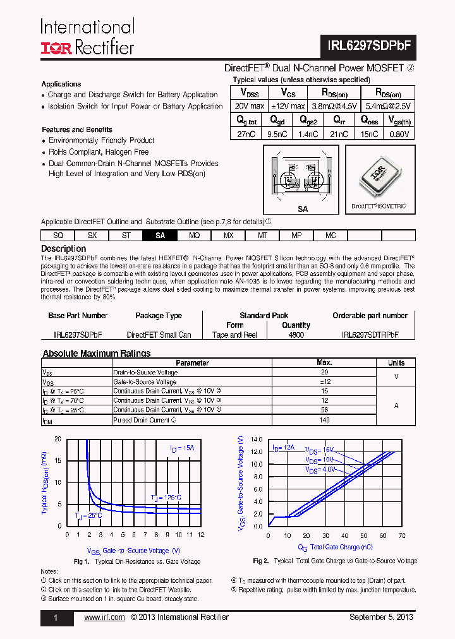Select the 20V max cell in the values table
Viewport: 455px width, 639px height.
pyautogui.click(x=248, y=106)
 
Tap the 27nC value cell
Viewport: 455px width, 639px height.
pyautogui.click(x=247, y=134)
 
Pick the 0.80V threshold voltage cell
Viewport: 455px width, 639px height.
pyautogui.click(x=399, y=134)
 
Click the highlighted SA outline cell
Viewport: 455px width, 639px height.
pyautogui.click(x=161, y=236)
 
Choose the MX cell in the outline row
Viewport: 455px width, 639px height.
pyautogui.click(x=228, y=236)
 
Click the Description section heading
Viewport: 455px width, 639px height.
pyautogui.click(x=63, y=249)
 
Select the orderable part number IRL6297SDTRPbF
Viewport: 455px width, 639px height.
pyautogui.click(x=370, y=335)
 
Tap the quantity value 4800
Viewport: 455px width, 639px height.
pyautogui.click(x=296, y=335)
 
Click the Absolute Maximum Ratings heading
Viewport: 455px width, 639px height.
pyautogui.click(x=96, y=354)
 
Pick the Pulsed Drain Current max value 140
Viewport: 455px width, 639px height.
pyautogui.click(x=324, y=419)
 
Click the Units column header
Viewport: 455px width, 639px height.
pyautogui.click(x=396, y=363)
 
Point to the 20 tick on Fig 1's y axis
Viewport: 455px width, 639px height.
pyautogui.click(x=58, y=439)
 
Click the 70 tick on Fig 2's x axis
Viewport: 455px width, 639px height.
pyautogui.click(x=403, y=535)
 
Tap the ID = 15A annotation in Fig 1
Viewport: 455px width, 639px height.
pyautogui.click(x=182, y=449)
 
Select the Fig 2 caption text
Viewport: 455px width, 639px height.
pyautogui.click(x=335, y=561)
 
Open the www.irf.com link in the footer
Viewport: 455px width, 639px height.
pyautogui.click(x=104, y=618)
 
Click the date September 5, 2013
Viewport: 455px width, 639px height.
pyautogui.click(x=382, y=618)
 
